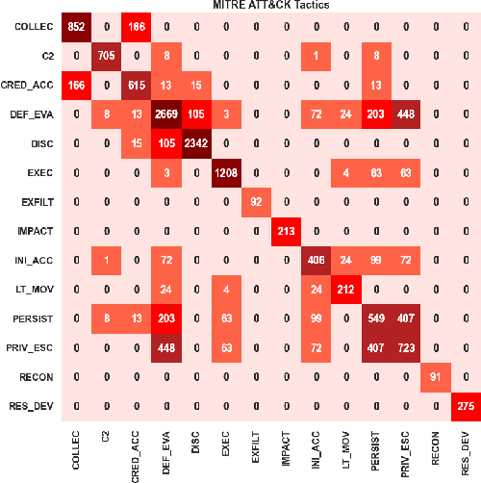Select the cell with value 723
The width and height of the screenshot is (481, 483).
tap(405, 344)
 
